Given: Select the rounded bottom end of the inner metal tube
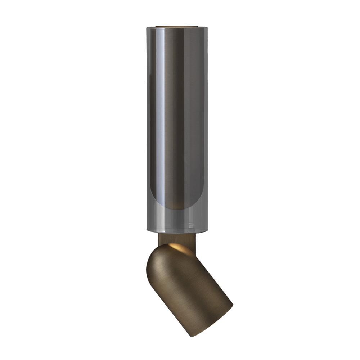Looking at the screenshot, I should click(x=177, y=207).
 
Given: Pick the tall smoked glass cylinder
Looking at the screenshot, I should click(x=177, y=126).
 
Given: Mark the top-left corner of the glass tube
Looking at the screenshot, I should click(x=147, y=27).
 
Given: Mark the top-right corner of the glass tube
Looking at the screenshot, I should click(x=208, y=27).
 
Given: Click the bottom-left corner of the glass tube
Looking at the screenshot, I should click(x=148, y=231).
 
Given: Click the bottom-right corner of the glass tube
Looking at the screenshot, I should click(x=207, y=231).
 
